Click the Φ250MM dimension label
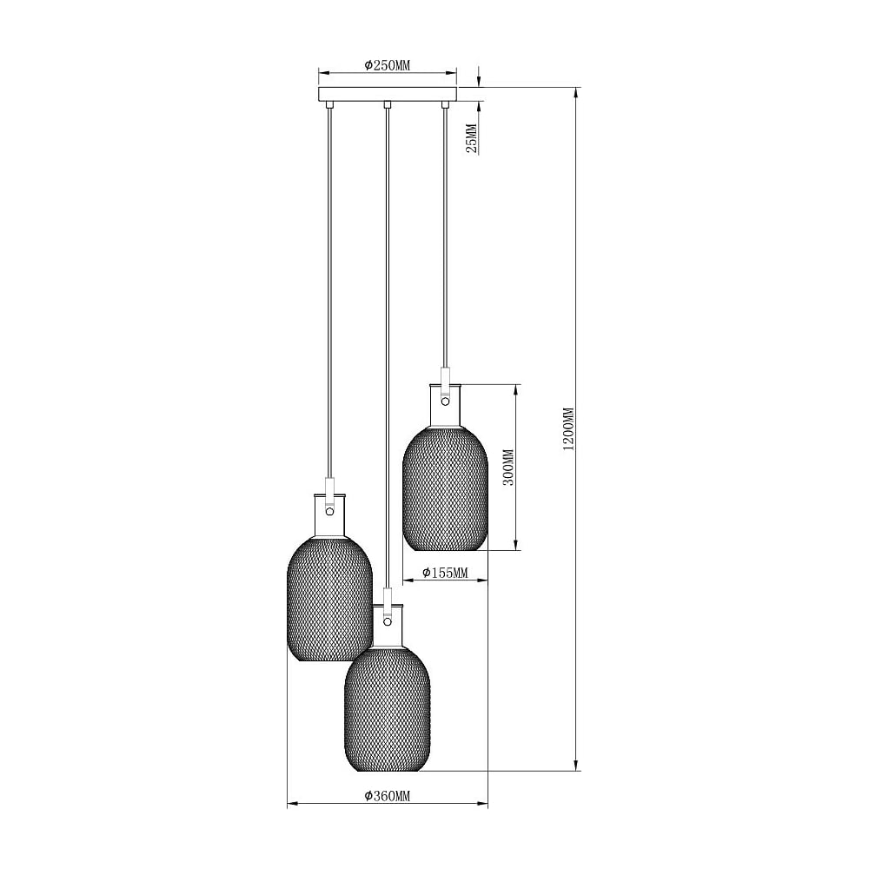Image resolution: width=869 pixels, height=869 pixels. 387,65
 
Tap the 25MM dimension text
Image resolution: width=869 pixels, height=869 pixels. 472,138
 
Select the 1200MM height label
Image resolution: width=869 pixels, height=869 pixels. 568,429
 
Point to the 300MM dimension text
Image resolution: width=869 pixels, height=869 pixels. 507,467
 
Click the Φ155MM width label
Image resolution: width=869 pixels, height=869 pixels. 445,573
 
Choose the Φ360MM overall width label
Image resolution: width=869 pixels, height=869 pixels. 388,796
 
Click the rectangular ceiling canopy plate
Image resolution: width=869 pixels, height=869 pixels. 387,94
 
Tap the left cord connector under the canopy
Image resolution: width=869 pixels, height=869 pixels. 329,105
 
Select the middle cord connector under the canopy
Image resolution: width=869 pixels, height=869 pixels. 388,105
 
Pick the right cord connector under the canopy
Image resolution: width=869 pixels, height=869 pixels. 444,105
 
